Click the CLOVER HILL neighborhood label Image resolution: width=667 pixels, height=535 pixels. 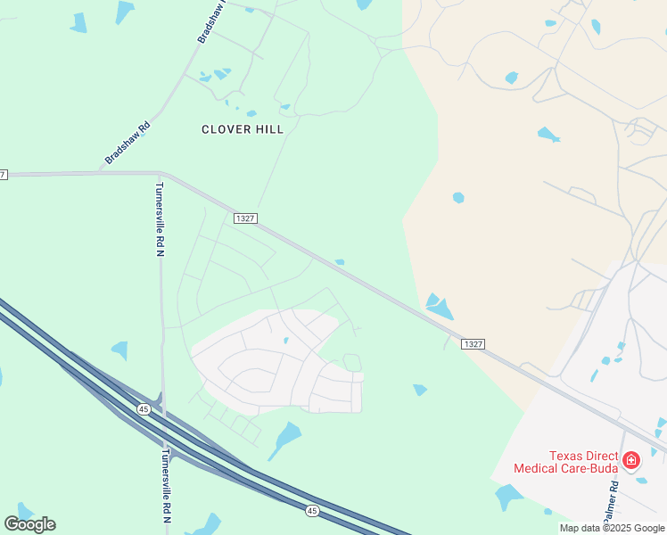tap(243, 129)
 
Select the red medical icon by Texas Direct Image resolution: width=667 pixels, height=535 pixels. tap(631, 460)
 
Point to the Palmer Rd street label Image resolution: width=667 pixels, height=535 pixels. tap(612, 505)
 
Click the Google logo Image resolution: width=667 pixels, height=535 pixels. tap(29, 524)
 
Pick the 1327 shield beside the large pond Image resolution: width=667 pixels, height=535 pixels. tap(473, 344)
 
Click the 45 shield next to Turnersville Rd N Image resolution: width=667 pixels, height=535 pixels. tap(144, 408)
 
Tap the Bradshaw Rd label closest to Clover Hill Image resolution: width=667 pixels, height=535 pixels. tap(127, 143)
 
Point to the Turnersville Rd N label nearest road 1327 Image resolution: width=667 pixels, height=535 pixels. tap(160, 219)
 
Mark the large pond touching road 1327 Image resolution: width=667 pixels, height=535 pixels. tap(438, 307)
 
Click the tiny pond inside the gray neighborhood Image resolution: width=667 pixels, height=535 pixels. tap(285, 340)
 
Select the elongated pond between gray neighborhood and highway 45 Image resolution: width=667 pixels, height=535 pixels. tap(287, 437)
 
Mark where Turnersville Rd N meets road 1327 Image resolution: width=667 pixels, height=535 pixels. tap(160, 173)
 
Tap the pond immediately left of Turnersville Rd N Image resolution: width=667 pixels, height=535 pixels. tap(119, 350)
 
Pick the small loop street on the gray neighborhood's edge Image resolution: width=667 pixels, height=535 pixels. tap(352, 362)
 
